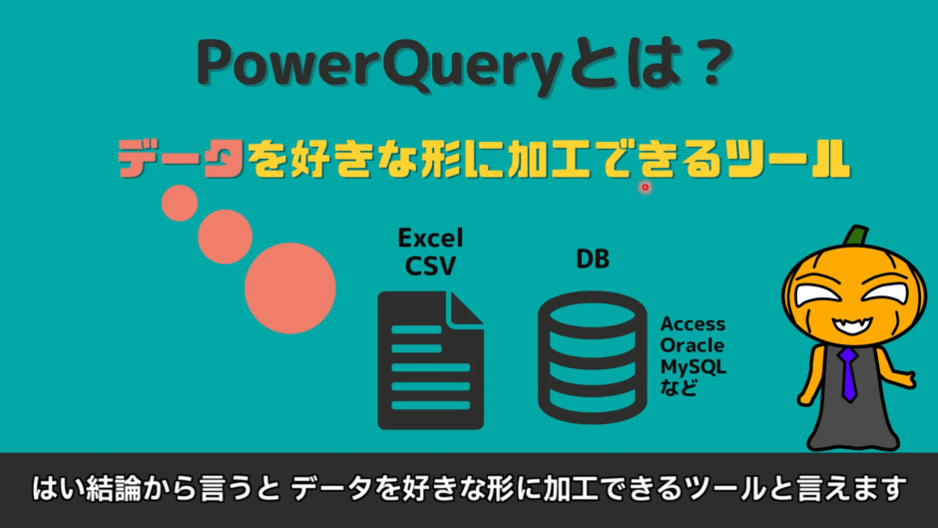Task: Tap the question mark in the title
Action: coord(707,66)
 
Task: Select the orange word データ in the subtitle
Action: coord(181,160)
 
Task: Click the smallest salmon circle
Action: coord(180,203)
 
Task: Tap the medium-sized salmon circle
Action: coord(225,237)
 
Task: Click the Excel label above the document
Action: coord(430,238)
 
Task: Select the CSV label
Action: coord(430,265)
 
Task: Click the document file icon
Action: coord(430,359)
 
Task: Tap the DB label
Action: coord(593,260)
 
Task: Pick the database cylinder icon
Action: coord(593,357)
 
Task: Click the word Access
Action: coord(693,324)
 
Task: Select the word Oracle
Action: coord(693,345)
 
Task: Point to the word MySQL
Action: coord(693,366)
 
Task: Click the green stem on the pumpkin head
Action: coord(854,238)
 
